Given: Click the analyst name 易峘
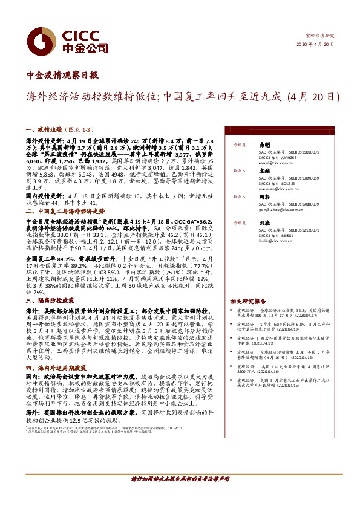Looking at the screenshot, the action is pyautogui.click(x=264, y=146).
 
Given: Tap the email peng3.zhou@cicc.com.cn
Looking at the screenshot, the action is pyautogui.click(x=280, y=214).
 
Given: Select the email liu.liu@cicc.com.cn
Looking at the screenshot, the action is pyautogui.click(x=275, y=240).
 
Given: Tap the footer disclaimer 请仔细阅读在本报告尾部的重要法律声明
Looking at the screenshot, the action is pyautogui.click(x=180, y=479).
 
